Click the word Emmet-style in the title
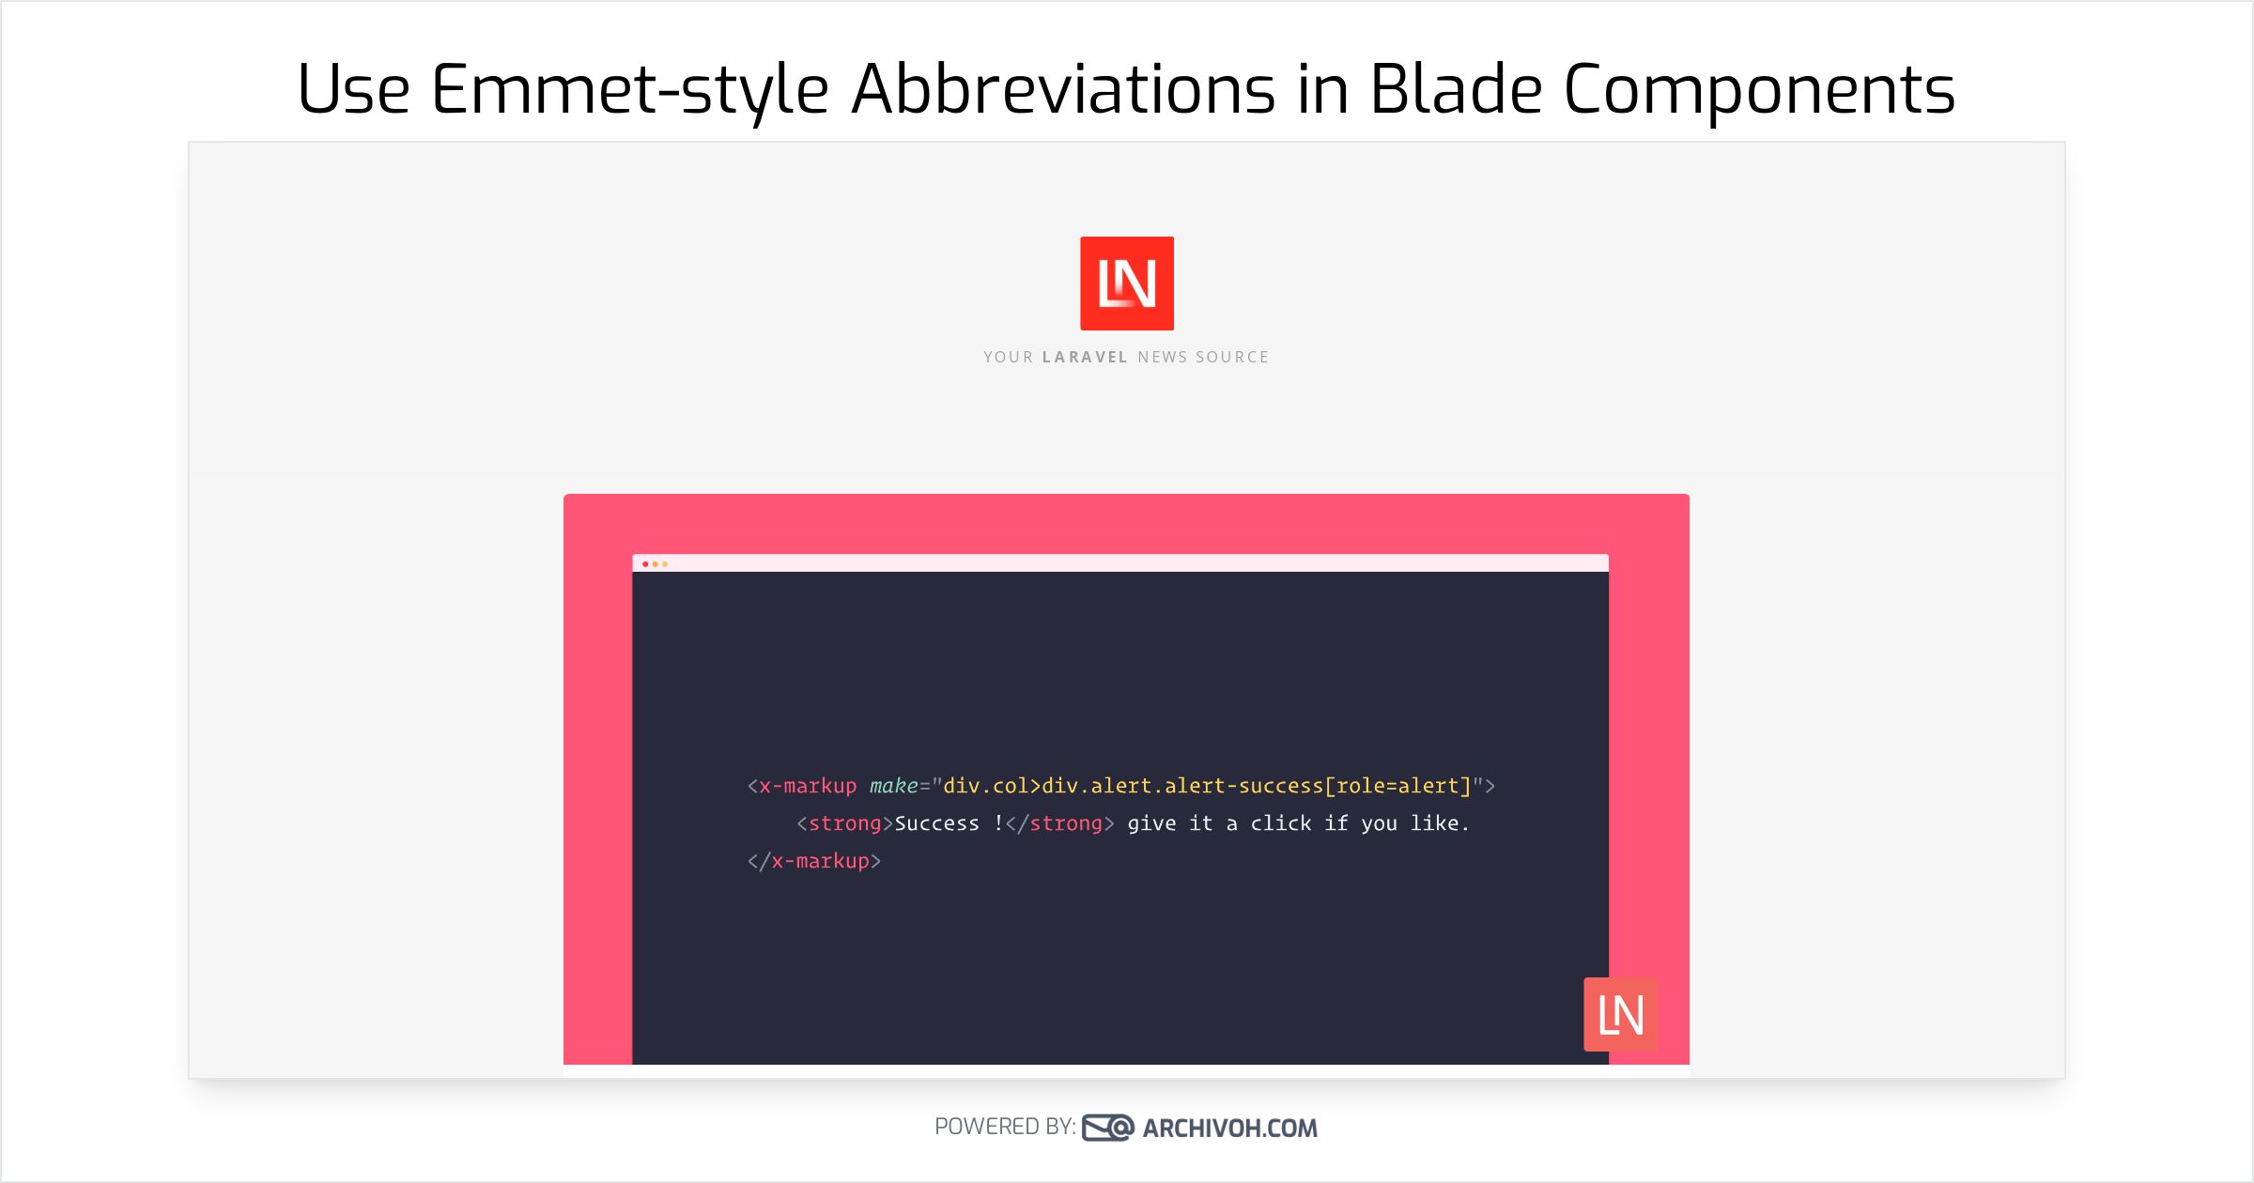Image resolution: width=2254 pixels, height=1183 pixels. pyautogui.click(x=629, y=90)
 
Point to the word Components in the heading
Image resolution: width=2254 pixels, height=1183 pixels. pyautogui.click(x=1759, y=92)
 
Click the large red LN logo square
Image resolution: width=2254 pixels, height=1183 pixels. pyautogui.click(x=1127, y=284)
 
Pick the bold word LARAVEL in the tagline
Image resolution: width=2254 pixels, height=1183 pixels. pyautogui.click(x=1085, y=357)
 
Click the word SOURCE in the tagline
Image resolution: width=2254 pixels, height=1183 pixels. pyautogui.click(x=1232, y=357)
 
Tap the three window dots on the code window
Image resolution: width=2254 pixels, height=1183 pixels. pyautogui.click(x=655, y=564)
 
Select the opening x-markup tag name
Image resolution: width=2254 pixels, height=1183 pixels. pyautogui.click(x=808, y=786)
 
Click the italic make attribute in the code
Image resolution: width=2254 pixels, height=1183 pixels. pyautogui.click(x=893, y=785)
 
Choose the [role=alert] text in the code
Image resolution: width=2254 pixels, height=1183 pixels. pyautogui.click(x=1397, y=786)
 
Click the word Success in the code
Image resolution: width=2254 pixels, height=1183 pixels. pyautogui.click(x=936, y=823)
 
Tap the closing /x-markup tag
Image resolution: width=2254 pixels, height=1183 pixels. pyautogui.click(x=814, y=861)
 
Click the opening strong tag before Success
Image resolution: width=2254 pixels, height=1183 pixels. pyautogui.click(x=840, y=823)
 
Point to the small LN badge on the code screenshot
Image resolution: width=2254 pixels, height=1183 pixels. pyautogui.click(x=1621, y=1014)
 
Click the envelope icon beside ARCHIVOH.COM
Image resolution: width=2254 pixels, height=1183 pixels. pyautogui.click(x=1108, y=1127)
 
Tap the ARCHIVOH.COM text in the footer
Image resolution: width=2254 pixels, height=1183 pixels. pyautogui.click(x=1230, y=1128)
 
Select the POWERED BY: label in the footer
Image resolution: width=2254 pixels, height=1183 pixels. pyautogui.click(x=1005, y=1127)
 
